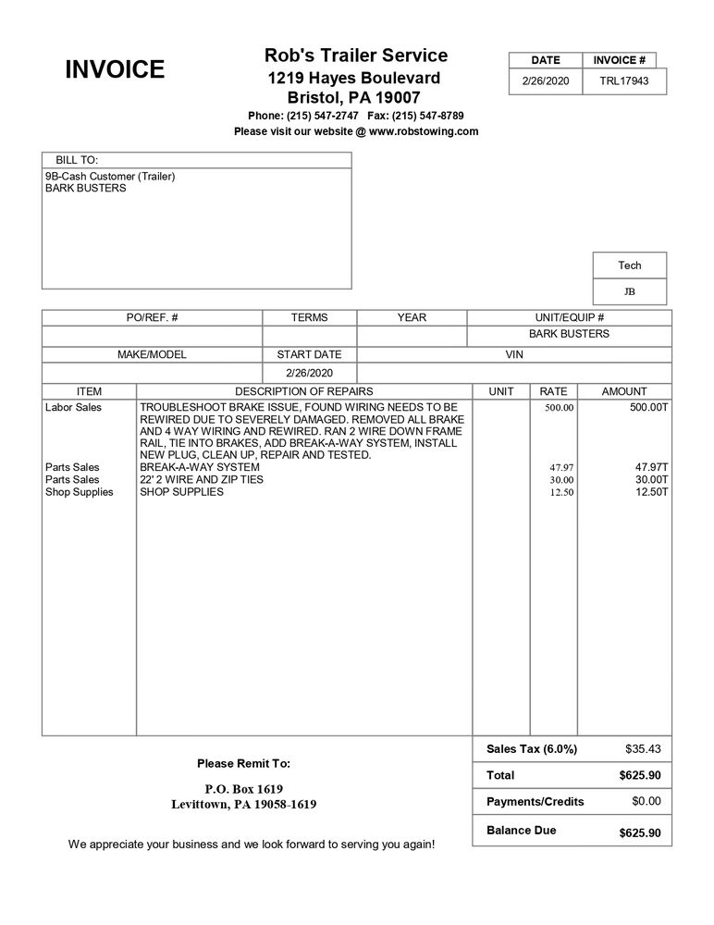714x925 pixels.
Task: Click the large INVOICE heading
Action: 115,69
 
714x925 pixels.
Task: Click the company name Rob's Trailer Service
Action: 355,55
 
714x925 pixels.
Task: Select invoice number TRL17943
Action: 623,80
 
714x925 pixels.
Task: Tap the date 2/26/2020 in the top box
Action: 546,80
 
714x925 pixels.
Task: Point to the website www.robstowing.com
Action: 424,131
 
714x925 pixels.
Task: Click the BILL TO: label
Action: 77,160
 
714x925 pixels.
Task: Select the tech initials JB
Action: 629,291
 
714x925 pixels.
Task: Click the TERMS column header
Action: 309,317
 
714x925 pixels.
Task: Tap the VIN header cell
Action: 514,354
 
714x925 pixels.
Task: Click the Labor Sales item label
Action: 73,407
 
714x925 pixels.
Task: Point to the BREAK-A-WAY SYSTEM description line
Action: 200,467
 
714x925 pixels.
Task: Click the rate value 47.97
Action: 561,468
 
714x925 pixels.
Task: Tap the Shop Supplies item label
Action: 79,492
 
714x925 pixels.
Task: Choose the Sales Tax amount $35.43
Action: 642,748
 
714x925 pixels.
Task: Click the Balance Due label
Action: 521,831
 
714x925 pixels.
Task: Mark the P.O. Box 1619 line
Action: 243,789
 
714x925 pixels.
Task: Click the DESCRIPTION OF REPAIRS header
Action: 303,391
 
